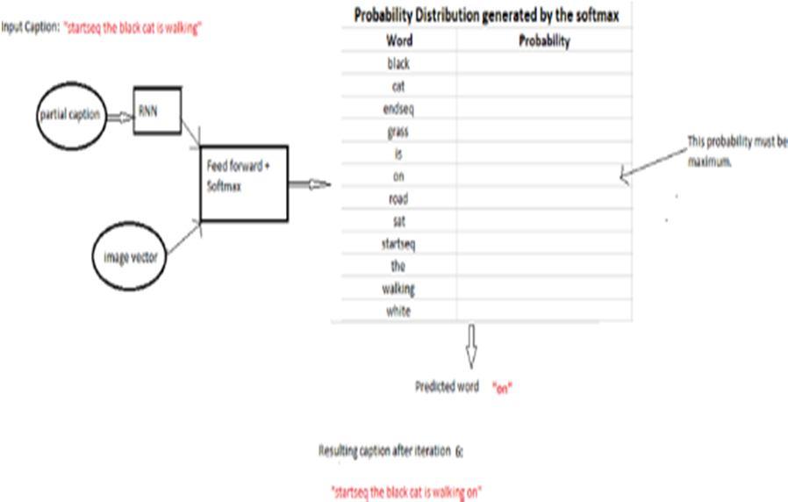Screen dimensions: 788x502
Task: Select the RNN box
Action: (x=157, y=111)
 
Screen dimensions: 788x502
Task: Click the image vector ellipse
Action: (x=129, y=256)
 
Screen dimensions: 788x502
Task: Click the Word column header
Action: (x=398, y=41)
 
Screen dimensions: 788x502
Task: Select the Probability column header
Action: (x=544, y=41)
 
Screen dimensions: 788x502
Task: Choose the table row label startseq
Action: (x=398, y=244)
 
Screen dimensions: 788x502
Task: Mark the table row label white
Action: (x=398, y=312)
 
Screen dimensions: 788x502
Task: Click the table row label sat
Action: (x=398, y=222)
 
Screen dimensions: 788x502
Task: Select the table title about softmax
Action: (x=486, y=16)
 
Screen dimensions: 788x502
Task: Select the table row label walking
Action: (x=398, y=289)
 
